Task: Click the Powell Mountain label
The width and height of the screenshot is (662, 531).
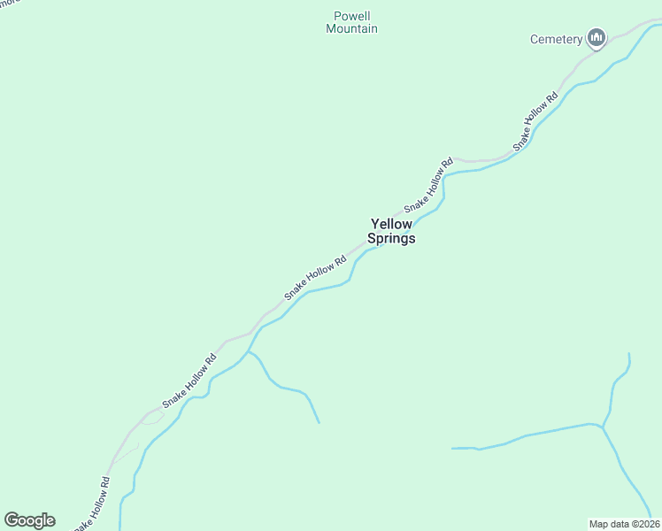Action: pyautogui.click(x=351, y=22)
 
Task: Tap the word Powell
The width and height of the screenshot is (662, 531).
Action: pyautogui.click(x=351, y=16)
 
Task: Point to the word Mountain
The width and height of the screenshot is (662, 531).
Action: pyautogui.click(x=351, y=29)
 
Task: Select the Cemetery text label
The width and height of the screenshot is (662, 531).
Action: pyautogui.click(x=556, y=39)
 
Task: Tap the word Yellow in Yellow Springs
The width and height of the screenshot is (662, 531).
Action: pyautogui.click(x=391, y=225)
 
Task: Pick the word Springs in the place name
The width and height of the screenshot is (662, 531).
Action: pyautogui.click(x=391, y=239)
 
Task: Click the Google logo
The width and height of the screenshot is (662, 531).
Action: pyautogui.click(x=29, y=520)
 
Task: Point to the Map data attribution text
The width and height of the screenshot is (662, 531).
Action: pyautogui.click(x=624, y=523)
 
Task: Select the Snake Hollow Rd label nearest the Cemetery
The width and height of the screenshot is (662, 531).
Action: pyautogui.click(x=536, y=120)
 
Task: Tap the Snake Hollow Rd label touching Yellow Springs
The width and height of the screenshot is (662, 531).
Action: pyautogui.click(x=429, y=185)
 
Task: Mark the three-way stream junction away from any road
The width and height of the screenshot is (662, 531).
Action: pyautogui.click(x=603, y=427)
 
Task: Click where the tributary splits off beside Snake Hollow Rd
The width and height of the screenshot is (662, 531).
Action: pyautogui.click(x=249, y=351)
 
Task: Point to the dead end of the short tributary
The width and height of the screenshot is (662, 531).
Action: pyautogui.click(x=319, y=423)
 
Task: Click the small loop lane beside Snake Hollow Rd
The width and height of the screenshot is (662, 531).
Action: pyautogui.click(x=150, y=418)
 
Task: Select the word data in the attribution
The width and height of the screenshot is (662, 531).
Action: pyautogui.click(x=620, y=523)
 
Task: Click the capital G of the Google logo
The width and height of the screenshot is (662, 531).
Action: pyautogui.click(x=12, y=520)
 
